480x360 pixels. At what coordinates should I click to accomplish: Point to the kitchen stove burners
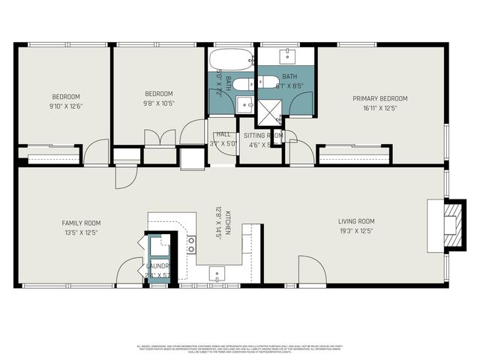(191, 244)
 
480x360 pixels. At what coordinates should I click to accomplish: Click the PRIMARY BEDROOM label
(380, 98)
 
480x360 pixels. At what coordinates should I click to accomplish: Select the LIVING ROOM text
(356, 221)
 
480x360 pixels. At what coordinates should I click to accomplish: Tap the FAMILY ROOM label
(81, 223)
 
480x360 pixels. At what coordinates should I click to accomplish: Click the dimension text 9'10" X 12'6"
(66, 106)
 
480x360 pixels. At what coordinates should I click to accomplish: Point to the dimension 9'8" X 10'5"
(159, 103)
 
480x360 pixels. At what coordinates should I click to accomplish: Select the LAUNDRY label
(157, 266)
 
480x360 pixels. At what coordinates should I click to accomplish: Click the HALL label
(223, 134)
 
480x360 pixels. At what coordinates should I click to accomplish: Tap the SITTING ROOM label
(263, 135)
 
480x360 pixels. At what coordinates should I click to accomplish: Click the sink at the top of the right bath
(289, 55)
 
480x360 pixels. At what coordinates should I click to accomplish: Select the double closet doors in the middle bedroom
(160, 138)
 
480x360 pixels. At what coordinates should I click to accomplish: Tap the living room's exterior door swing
(311, 270)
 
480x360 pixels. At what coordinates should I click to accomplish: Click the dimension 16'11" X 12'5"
(380, 107)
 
